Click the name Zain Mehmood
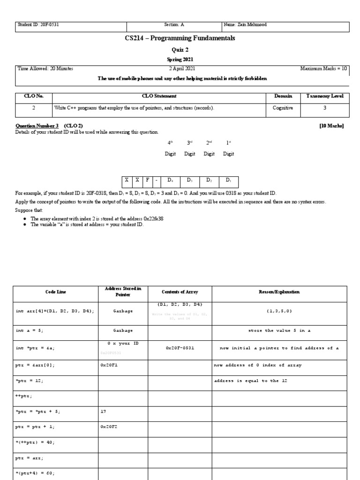coord(245,25)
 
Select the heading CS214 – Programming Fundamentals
coord(180,38)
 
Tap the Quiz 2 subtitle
coord(180,50)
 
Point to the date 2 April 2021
coord(180,68)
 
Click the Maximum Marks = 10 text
coord(324,68)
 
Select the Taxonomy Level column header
coord(325,96)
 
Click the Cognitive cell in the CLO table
coord(283,108)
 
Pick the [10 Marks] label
coord(331,126)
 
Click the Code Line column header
coord(56,292)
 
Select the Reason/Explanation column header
coord(279,292)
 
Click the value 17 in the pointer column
coord(104,412)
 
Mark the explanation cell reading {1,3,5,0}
coord(279,311)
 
